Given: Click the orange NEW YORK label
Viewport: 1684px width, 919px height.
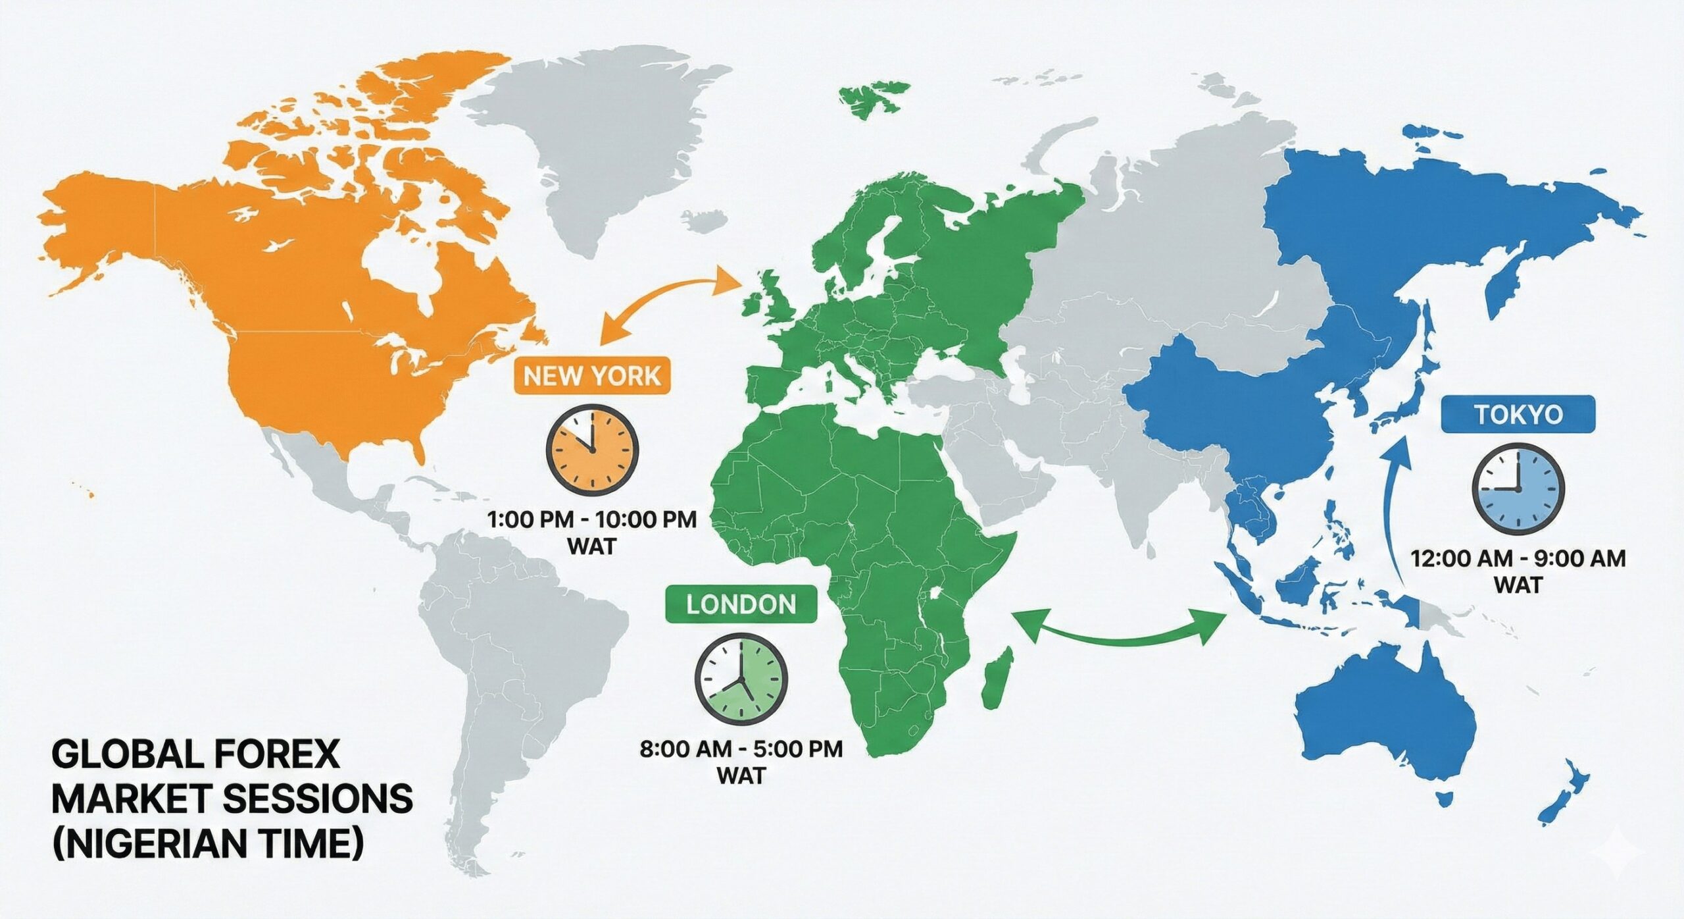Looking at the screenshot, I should [591, 377].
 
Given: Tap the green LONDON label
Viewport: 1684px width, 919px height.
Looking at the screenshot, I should [741, 604].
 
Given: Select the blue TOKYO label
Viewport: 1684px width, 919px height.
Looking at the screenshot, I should [1518, 415].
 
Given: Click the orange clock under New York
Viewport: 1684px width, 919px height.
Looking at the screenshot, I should [592, 451].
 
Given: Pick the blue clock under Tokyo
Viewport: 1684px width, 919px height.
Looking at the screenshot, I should [1518, 488].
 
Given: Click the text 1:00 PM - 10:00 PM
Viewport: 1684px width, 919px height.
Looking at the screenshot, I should [591, 519].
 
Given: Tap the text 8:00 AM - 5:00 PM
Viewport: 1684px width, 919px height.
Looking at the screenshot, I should [741, 749].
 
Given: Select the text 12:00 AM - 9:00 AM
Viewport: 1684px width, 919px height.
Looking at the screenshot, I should [1518, 559].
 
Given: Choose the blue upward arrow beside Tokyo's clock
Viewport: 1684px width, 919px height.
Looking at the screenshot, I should [1398, 507].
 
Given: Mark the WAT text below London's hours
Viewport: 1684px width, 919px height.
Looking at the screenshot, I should [741, 775].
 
